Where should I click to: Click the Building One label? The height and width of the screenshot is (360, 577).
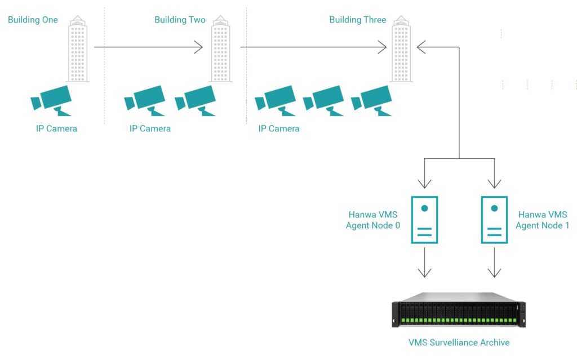pyautogui.click(x=33, y=20)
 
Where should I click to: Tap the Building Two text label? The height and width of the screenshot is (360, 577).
pyautogui.click(x=180, y=20)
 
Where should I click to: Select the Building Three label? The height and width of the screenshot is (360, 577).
pyautogui.click(x=358, y=20)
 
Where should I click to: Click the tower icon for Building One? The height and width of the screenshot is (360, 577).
pyautogui.click(x=78, y=49)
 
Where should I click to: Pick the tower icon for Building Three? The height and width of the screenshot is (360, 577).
pyautogui.click(x=401, y=49)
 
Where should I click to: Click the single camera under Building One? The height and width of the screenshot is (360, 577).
pyautogui.click(x=51, y=100)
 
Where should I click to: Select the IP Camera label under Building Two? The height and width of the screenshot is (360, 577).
pyautogui.click(x=150, y=128)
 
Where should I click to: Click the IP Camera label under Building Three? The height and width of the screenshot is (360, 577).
pyautogui.click(x=279, y=128)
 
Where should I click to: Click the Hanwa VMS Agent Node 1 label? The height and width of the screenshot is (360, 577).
pyautogui.click(x=542, y=220)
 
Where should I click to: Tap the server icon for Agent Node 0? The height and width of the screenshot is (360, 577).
pyautogui.click(x=424, y=220)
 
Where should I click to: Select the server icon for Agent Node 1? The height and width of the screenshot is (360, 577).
pyautogui.click(x=494, y=220)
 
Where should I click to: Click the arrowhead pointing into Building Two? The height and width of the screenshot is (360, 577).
pyautogui.click(x=198, y=47)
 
